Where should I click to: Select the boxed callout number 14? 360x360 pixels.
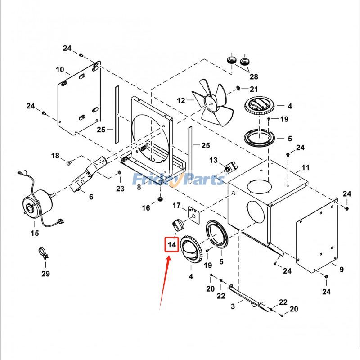click(x=171, y=244)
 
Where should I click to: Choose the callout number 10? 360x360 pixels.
click(x=60, y=70)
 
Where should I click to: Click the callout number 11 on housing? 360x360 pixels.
click(x=306, y=168)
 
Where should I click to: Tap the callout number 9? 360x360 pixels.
click(x=342, y=270)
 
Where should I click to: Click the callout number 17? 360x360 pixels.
click(x=177, y=205)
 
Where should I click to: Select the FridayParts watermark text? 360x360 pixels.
click(x=178, y=180)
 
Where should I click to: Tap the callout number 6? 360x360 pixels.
click(x=91, y=197)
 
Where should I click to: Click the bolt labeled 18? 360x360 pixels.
click(x=69, y=161)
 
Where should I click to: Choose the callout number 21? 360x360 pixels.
click(x=254, y=89)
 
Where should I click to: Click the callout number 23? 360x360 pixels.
click(x=120, y=189)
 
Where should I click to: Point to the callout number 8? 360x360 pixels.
click(x=139, y=188)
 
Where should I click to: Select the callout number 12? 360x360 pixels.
click(x=181, y=100)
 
